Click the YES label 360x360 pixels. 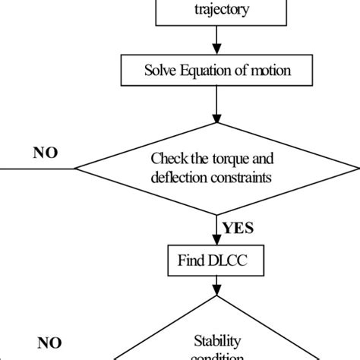pyautogui.click(x=238, y=226)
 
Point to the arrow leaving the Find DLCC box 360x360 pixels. pyautogui.click(x=218, y=286)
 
